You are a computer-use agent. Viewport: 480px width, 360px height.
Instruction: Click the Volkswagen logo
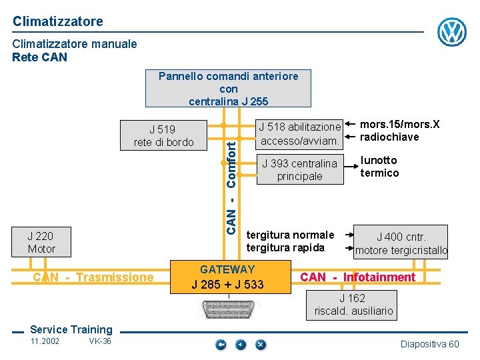click(452, 31)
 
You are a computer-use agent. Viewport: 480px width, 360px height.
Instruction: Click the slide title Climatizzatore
click(58, 21)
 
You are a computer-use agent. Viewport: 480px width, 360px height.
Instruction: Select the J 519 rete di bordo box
click(163, 135)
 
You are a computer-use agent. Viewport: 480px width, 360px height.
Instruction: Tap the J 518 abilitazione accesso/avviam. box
click(299, 133)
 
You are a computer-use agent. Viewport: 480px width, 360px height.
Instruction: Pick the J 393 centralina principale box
click(299, 169)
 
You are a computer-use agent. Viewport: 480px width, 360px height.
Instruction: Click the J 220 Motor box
click(41, 242)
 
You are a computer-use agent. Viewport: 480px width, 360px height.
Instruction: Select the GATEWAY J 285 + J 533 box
click(227, 277)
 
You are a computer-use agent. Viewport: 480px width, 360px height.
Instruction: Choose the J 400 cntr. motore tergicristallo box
click(401, 243)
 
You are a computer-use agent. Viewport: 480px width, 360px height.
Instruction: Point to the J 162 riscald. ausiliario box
click(353, 305)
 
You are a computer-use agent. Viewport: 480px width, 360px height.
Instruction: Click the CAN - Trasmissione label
click(93, 277)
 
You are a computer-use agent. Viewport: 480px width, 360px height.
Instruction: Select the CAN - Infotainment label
click(357, 277)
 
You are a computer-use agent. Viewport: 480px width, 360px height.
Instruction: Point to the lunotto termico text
click(379, 167)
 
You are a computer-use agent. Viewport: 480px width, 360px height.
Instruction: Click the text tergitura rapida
click(285, 248)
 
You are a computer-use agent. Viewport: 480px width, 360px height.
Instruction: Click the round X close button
click(260, 345)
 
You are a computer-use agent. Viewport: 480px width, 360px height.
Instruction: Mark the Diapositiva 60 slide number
click(429, 344)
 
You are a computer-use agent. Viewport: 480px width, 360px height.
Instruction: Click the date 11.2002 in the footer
click(45, 341)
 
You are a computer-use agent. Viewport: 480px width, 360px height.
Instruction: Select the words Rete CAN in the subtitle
click(40, 57)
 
